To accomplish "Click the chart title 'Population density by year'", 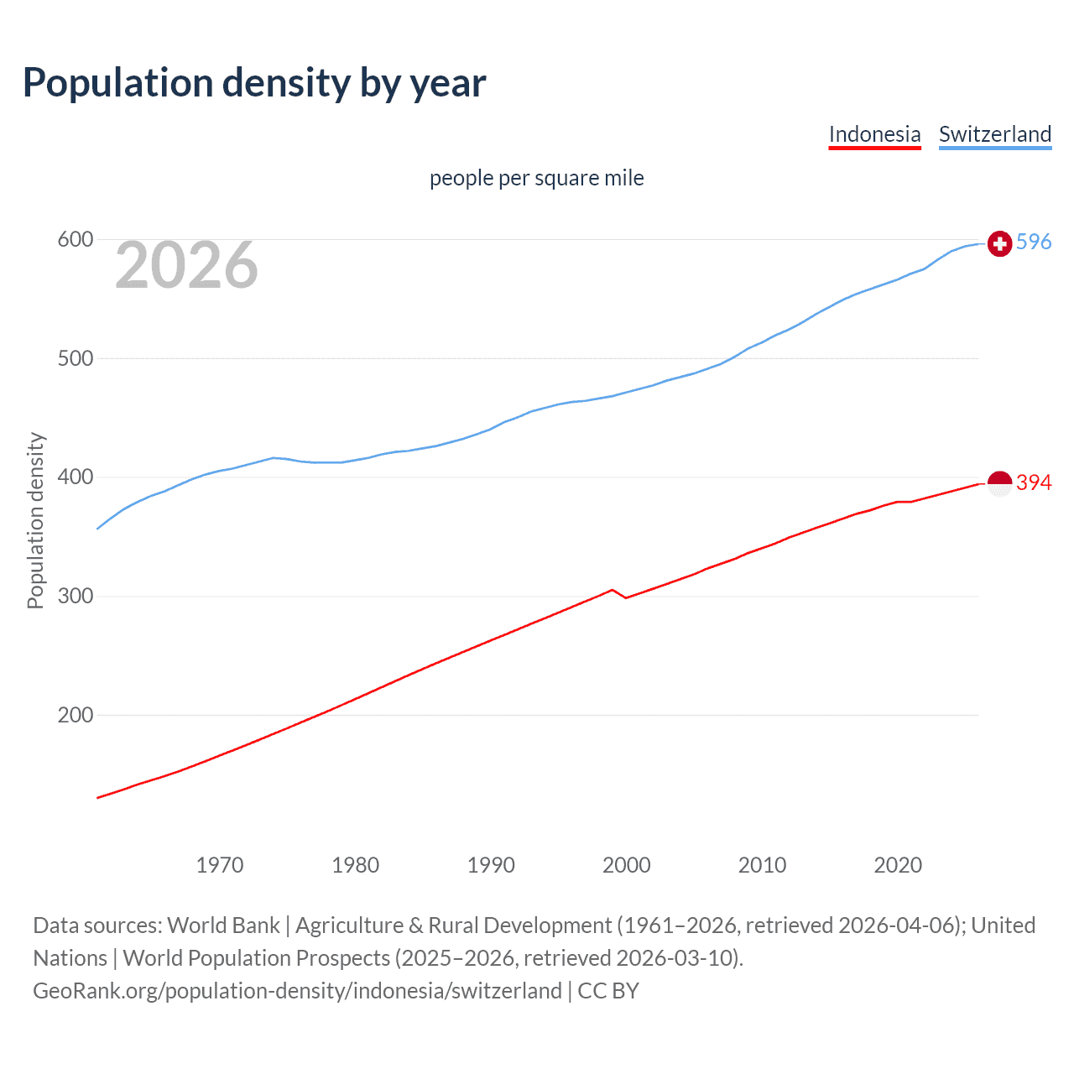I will point(254,83).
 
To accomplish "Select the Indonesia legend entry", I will point(874,134).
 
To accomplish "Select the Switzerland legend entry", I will point(994,134).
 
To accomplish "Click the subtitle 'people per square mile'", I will point(536,178).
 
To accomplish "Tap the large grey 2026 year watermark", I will point(186,265).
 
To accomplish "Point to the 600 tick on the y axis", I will point(75,240).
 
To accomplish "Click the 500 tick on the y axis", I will point(75,358).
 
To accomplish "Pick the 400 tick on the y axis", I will point(75,477).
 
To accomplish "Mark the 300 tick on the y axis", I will point(75,597).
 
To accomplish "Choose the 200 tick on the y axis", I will point(75,716).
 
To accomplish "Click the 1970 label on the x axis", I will point(220,865).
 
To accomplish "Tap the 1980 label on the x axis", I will point(356,865).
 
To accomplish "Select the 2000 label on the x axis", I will point(627,865).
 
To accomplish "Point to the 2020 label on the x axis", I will point(898,865).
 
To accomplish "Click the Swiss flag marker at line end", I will point(999,243).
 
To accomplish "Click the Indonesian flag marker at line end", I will point(999,483).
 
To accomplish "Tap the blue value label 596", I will point(1034,242).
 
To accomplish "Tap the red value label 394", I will point(1034,482).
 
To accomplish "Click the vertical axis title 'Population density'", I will point(35,520).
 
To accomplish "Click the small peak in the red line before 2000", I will point(613,590).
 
